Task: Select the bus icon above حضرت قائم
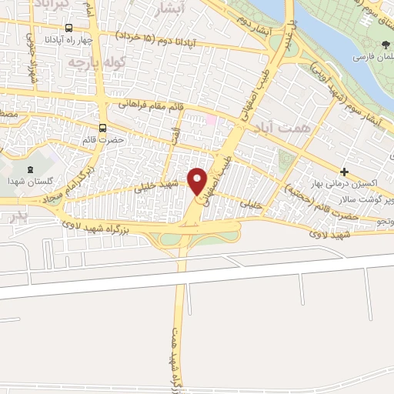[x=102, y=129]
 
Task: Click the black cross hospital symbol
[x=345, y=171]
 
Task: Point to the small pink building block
[x=212, y=120]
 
